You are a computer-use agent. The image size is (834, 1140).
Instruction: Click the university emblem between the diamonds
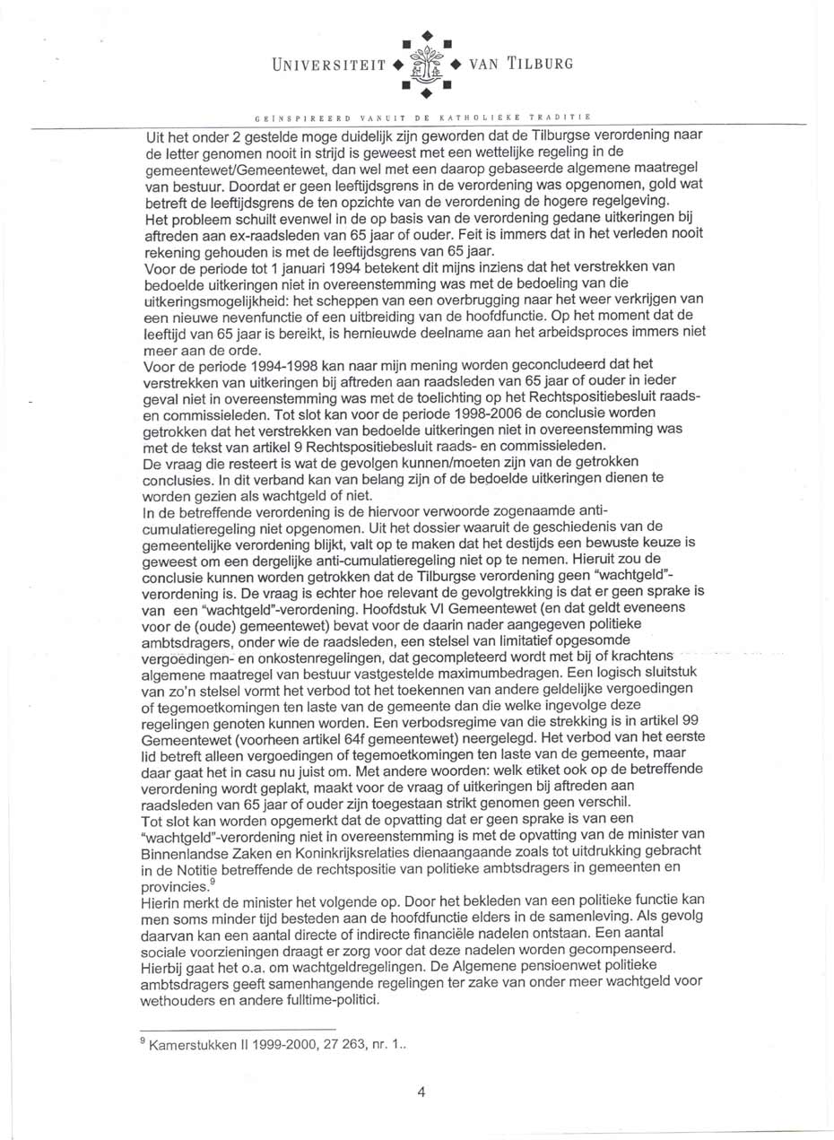425,65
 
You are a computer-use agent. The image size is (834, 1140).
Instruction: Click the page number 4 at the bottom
421,1092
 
